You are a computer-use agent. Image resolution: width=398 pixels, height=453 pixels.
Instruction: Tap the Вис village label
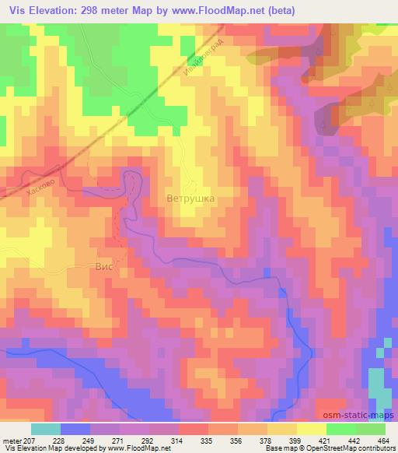(104, 265)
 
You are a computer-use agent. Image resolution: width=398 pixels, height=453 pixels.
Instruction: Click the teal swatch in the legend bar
(46, 429)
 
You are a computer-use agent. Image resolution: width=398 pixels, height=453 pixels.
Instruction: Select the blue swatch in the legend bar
(75, 429)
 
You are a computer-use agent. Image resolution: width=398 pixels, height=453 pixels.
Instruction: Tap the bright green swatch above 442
(341, 429)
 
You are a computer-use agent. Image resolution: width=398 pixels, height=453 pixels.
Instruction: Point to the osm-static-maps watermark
(361, 416)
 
